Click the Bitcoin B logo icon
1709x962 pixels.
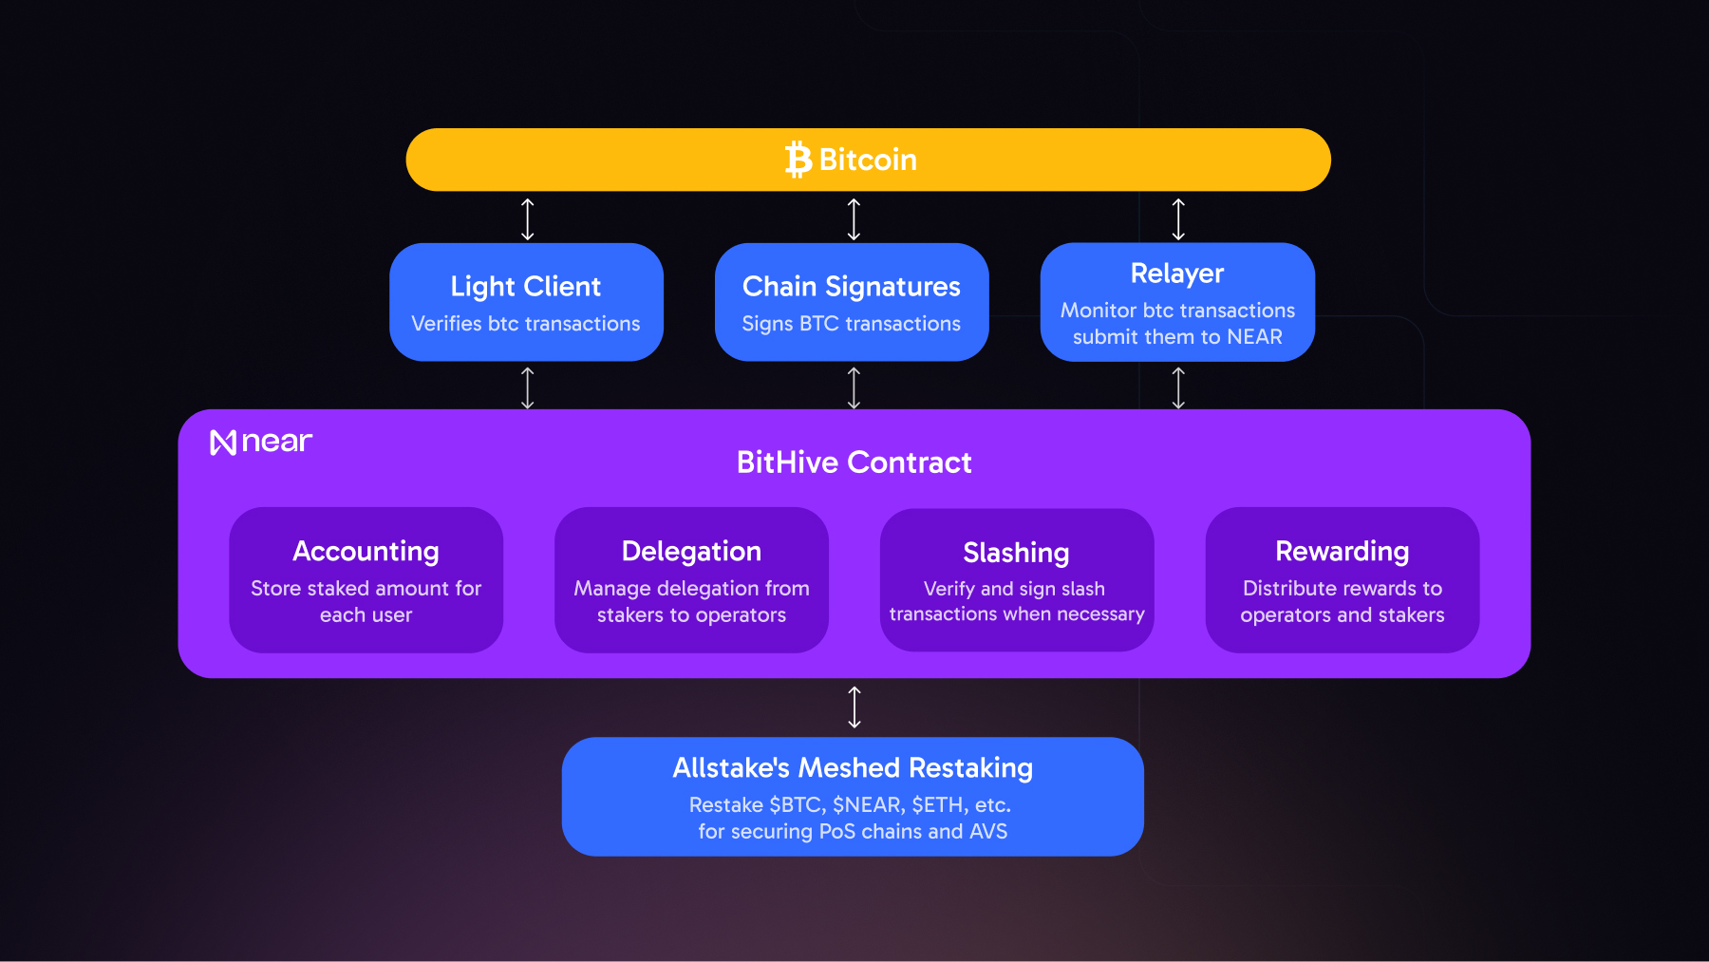[x=798, y=160]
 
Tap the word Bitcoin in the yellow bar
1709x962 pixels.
[x=868, y=160]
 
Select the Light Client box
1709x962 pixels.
[x=526, y=302]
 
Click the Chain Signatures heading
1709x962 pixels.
[x=851, y=286]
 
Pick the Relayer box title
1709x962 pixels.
[x=1177, y=274]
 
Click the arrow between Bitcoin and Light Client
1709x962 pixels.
[x=528, y=218]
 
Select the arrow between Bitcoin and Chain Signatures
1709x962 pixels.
[x=854, y=218]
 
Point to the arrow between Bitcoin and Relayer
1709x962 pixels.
[x=1178, y=218]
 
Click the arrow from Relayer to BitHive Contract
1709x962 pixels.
[x=1178, y=387]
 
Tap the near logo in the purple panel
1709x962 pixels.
[x=261, y=442]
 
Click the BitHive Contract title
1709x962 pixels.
[x=854, y=462]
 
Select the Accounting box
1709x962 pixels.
[x=366, y=579]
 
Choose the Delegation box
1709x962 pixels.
[x=691, y=579]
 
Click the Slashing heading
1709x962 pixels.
[x=1016, y=553]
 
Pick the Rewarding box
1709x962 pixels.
[x=1342, y=579]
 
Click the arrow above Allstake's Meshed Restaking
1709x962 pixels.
[x=854, y=707]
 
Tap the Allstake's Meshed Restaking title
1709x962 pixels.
[x=853, y=767]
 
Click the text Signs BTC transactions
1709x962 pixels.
[x=851, y=324]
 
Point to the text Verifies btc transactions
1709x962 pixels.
[x=525, y=324]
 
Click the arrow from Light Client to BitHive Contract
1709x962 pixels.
[x=528, y=387]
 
